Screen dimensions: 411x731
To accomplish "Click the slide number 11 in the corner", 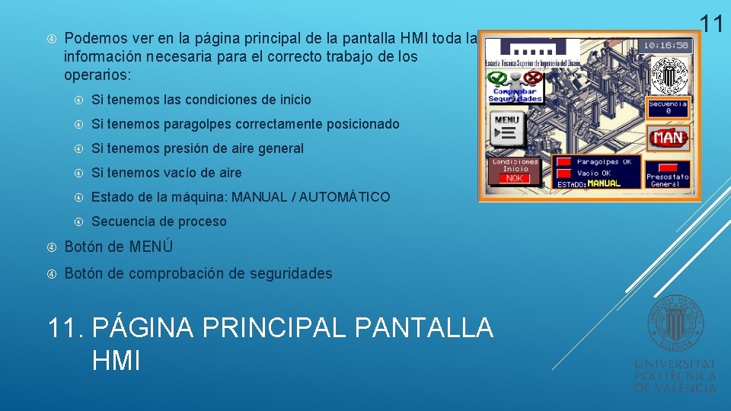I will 710,23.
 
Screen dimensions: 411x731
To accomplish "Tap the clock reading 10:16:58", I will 667,45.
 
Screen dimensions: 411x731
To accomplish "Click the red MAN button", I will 668,138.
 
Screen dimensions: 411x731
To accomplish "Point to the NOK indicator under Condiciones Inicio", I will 515,178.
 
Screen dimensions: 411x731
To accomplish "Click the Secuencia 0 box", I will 668,108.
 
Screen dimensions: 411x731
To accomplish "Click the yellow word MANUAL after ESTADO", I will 604,184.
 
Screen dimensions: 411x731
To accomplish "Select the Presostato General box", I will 667,174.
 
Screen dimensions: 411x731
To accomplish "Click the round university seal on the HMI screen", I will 668,75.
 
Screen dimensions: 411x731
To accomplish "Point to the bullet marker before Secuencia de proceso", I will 78,221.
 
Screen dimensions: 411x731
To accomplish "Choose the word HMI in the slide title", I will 116,361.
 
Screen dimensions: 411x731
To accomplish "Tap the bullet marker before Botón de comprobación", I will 52,273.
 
